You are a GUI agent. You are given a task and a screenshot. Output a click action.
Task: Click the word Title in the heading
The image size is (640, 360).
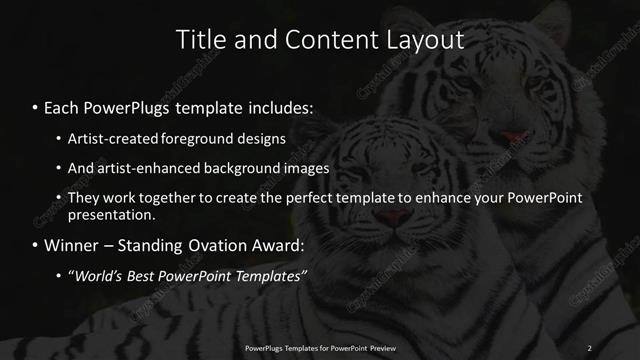199,40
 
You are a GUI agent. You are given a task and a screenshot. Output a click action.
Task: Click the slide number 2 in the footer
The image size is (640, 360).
589,347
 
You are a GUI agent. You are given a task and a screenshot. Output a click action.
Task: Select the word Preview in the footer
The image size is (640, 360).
381,347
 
